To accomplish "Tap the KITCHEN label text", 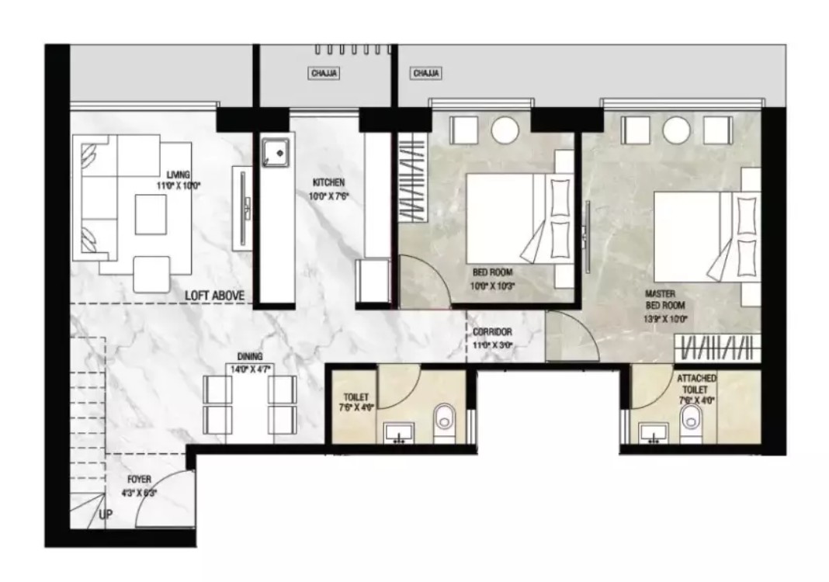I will click(x=328, y=182).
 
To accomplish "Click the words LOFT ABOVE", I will click(x=215, y=296).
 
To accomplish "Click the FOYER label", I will click(x=140, y=480).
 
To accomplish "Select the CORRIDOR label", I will click(x=492, y=332).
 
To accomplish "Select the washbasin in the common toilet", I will click(x=401, y=431).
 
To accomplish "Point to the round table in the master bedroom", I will click(x=675, y=129).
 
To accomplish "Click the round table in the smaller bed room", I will click(x=505, y=129).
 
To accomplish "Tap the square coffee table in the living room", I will click(x=151, y=214).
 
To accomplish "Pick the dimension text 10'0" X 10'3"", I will click(x=493, y=286).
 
